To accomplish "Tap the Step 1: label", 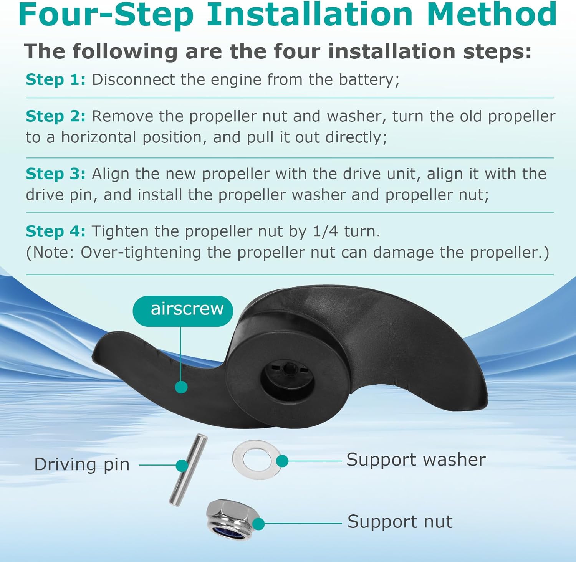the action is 56,80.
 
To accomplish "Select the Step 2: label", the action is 56,116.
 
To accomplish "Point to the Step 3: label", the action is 56,174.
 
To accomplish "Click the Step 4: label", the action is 56,231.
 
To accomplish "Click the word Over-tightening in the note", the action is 141,253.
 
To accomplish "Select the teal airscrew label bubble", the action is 183,311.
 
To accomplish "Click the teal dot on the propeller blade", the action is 181,387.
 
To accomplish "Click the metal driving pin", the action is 188,470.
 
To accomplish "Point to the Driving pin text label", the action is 82,465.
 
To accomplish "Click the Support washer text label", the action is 416,460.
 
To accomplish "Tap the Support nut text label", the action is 400,521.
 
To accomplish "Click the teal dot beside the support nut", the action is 258,524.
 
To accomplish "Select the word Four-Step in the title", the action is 106,15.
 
